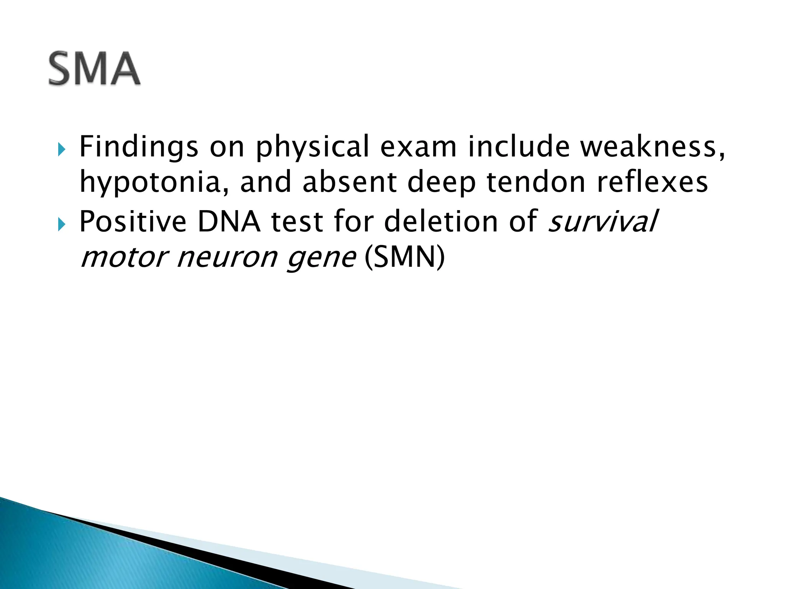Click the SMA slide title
coord(94,69)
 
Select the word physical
coord(312,147)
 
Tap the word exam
coord(418,147)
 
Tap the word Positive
coord(133,222)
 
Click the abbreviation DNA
coord(229,222)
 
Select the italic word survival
coord(603,222)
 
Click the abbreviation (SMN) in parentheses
coord(405,257)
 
